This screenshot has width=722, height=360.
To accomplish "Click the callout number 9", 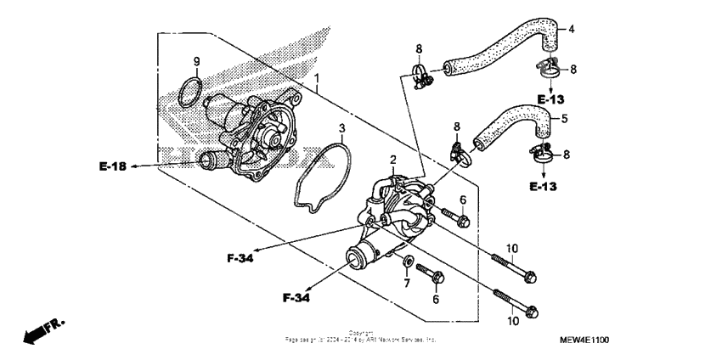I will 196,61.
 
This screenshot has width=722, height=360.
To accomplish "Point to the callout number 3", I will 341,129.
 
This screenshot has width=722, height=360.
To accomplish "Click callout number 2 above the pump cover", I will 393,160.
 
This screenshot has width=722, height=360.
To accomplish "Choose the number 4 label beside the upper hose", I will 571,30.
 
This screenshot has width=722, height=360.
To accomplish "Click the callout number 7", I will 407,283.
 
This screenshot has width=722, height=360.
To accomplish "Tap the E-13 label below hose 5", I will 544,185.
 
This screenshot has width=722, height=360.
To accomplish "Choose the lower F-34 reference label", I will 296,298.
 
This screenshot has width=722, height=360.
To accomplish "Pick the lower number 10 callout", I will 512,321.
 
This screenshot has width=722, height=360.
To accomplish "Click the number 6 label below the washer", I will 437,299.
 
